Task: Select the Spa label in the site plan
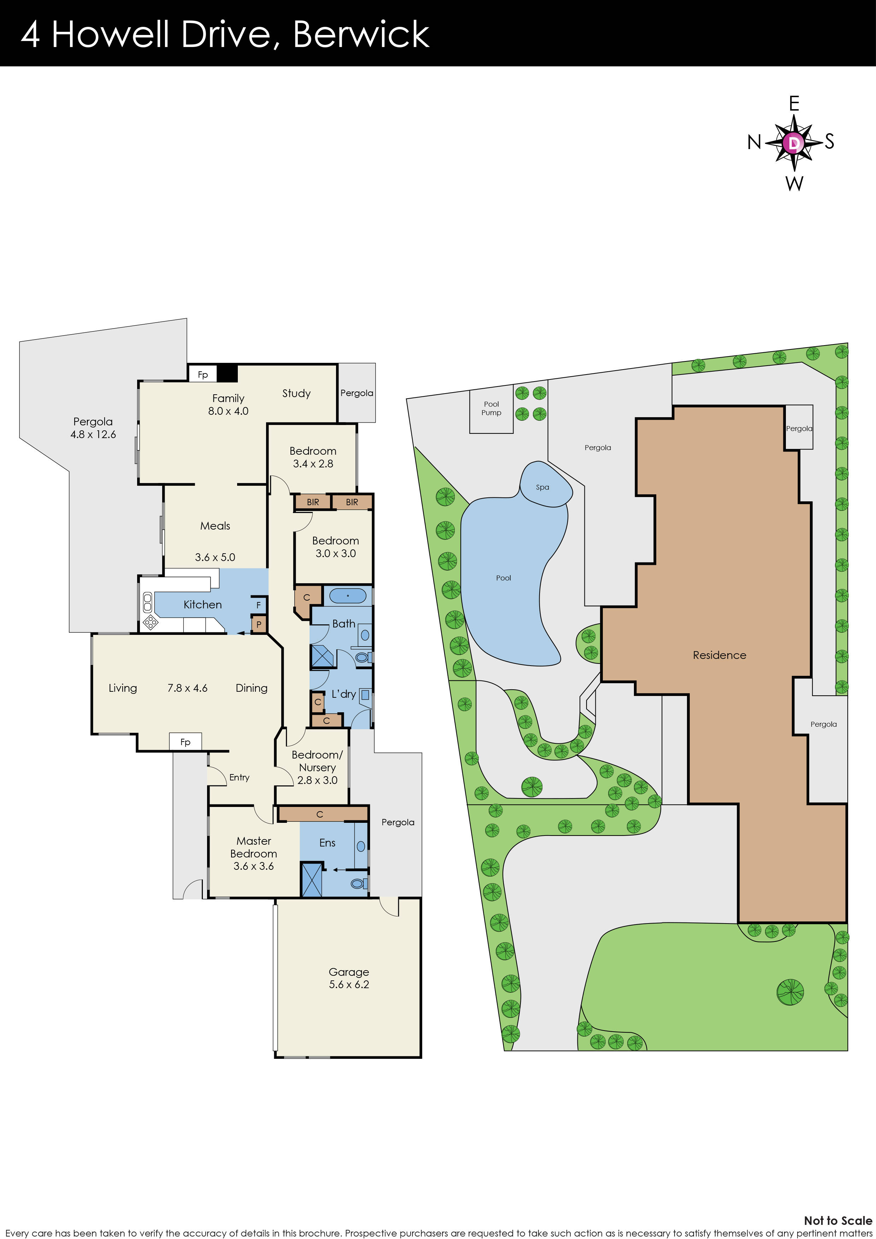pos(542,487)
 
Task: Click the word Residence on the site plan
pos(719,655)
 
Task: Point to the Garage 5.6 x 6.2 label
pos(349,978)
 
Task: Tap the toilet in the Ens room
pos(358,883)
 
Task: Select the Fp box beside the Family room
pos(202,374)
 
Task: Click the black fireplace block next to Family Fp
pos(227,373)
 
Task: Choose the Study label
pos(296,394)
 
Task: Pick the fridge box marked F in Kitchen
pos(259,605)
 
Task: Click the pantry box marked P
pos(259,624)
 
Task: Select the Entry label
pos(239,777)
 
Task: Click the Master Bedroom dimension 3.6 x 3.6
pos(254,866)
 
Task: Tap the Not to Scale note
pos(838,1220)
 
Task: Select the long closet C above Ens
pos(322,814)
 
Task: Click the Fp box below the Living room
pos(185,742)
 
